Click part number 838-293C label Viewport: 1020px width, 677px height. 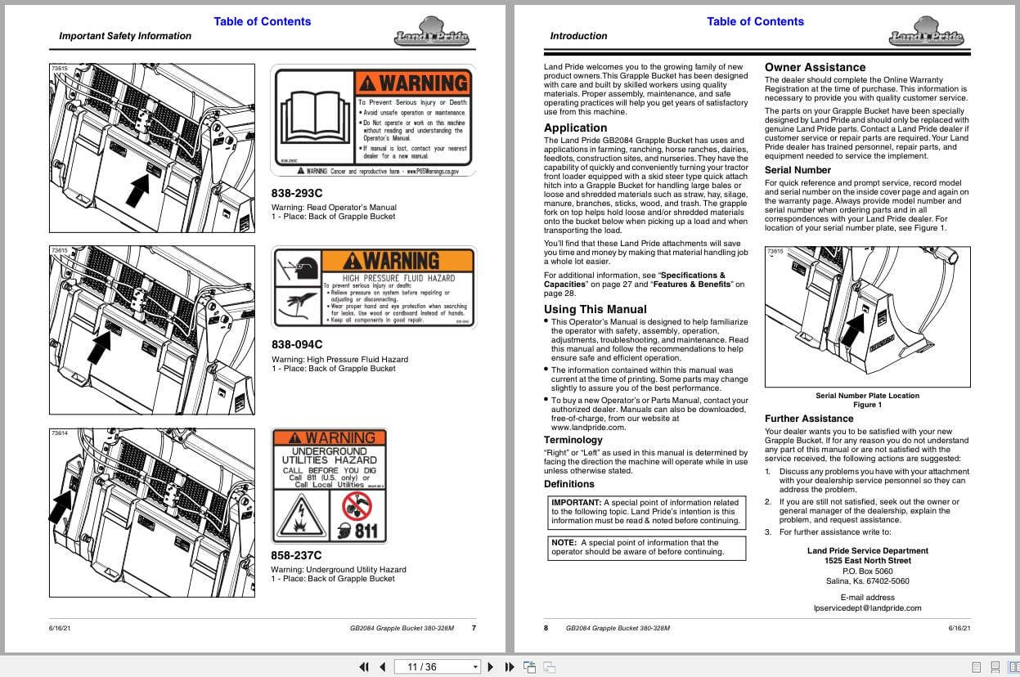point(297,193)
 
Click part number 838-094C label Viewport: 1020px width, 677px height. point(297,344)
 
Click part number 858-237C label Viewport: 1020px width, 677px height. point(297,555)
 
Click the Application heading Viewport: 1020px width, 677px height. point(575,128)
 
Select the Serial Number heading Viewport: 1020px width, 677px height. point(798,170)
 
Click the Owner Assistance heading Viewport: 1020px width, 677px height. point(815,67)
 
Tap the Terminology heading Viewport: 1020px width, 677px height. point(573,440)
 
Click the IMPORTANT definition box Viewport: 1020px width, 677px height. point(645,512)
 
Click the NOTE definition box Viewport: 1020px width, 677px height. point(645,547)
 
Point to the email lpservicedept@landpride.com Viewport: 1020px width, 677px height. point(867,608)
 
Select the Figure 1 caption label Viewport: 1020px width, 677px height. point(867,405)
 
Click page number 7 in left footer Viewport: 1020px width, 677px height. point(474,628)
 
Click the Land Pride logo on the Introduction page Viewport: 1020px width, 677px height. point(926,33)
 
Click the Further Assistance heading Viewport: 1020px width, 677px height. point(809,419)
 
